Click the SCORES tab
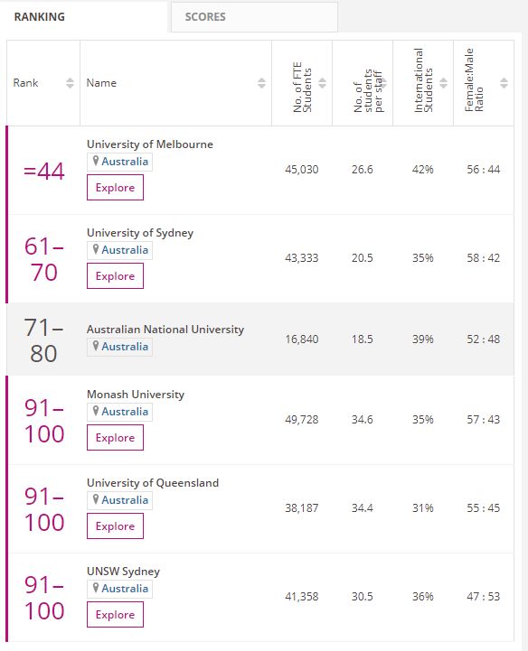tap(254, 17)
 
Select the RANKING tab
tap(40, 17)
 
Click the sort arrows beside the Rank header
tap(70, 83)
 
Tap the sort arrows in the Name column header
tap(261, 83)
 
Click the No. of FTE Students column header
tap(302, 88)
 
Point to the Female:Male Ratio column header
tap(474, 80)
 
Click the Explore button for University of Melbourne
tap(115, 187)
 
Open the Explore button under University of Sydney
tap(115, 275)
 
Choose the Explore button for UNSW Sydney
tap(115, 614)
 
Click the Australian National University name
tap(165, 330)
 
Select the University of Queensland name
tap(153, 483)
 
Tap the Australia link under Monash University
tap(125, 412)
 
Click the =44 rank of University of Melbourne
tap(44, 171)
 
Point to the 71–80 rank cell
tap(43, 340)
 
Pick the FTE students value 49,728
tap(302, 420)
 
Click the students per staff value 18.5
tap(363, 339)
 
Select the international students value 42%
tap(423, 170)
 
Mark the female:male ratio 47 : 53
tap(483, 597)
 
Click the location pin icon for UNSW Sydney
tap(96, 588)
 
